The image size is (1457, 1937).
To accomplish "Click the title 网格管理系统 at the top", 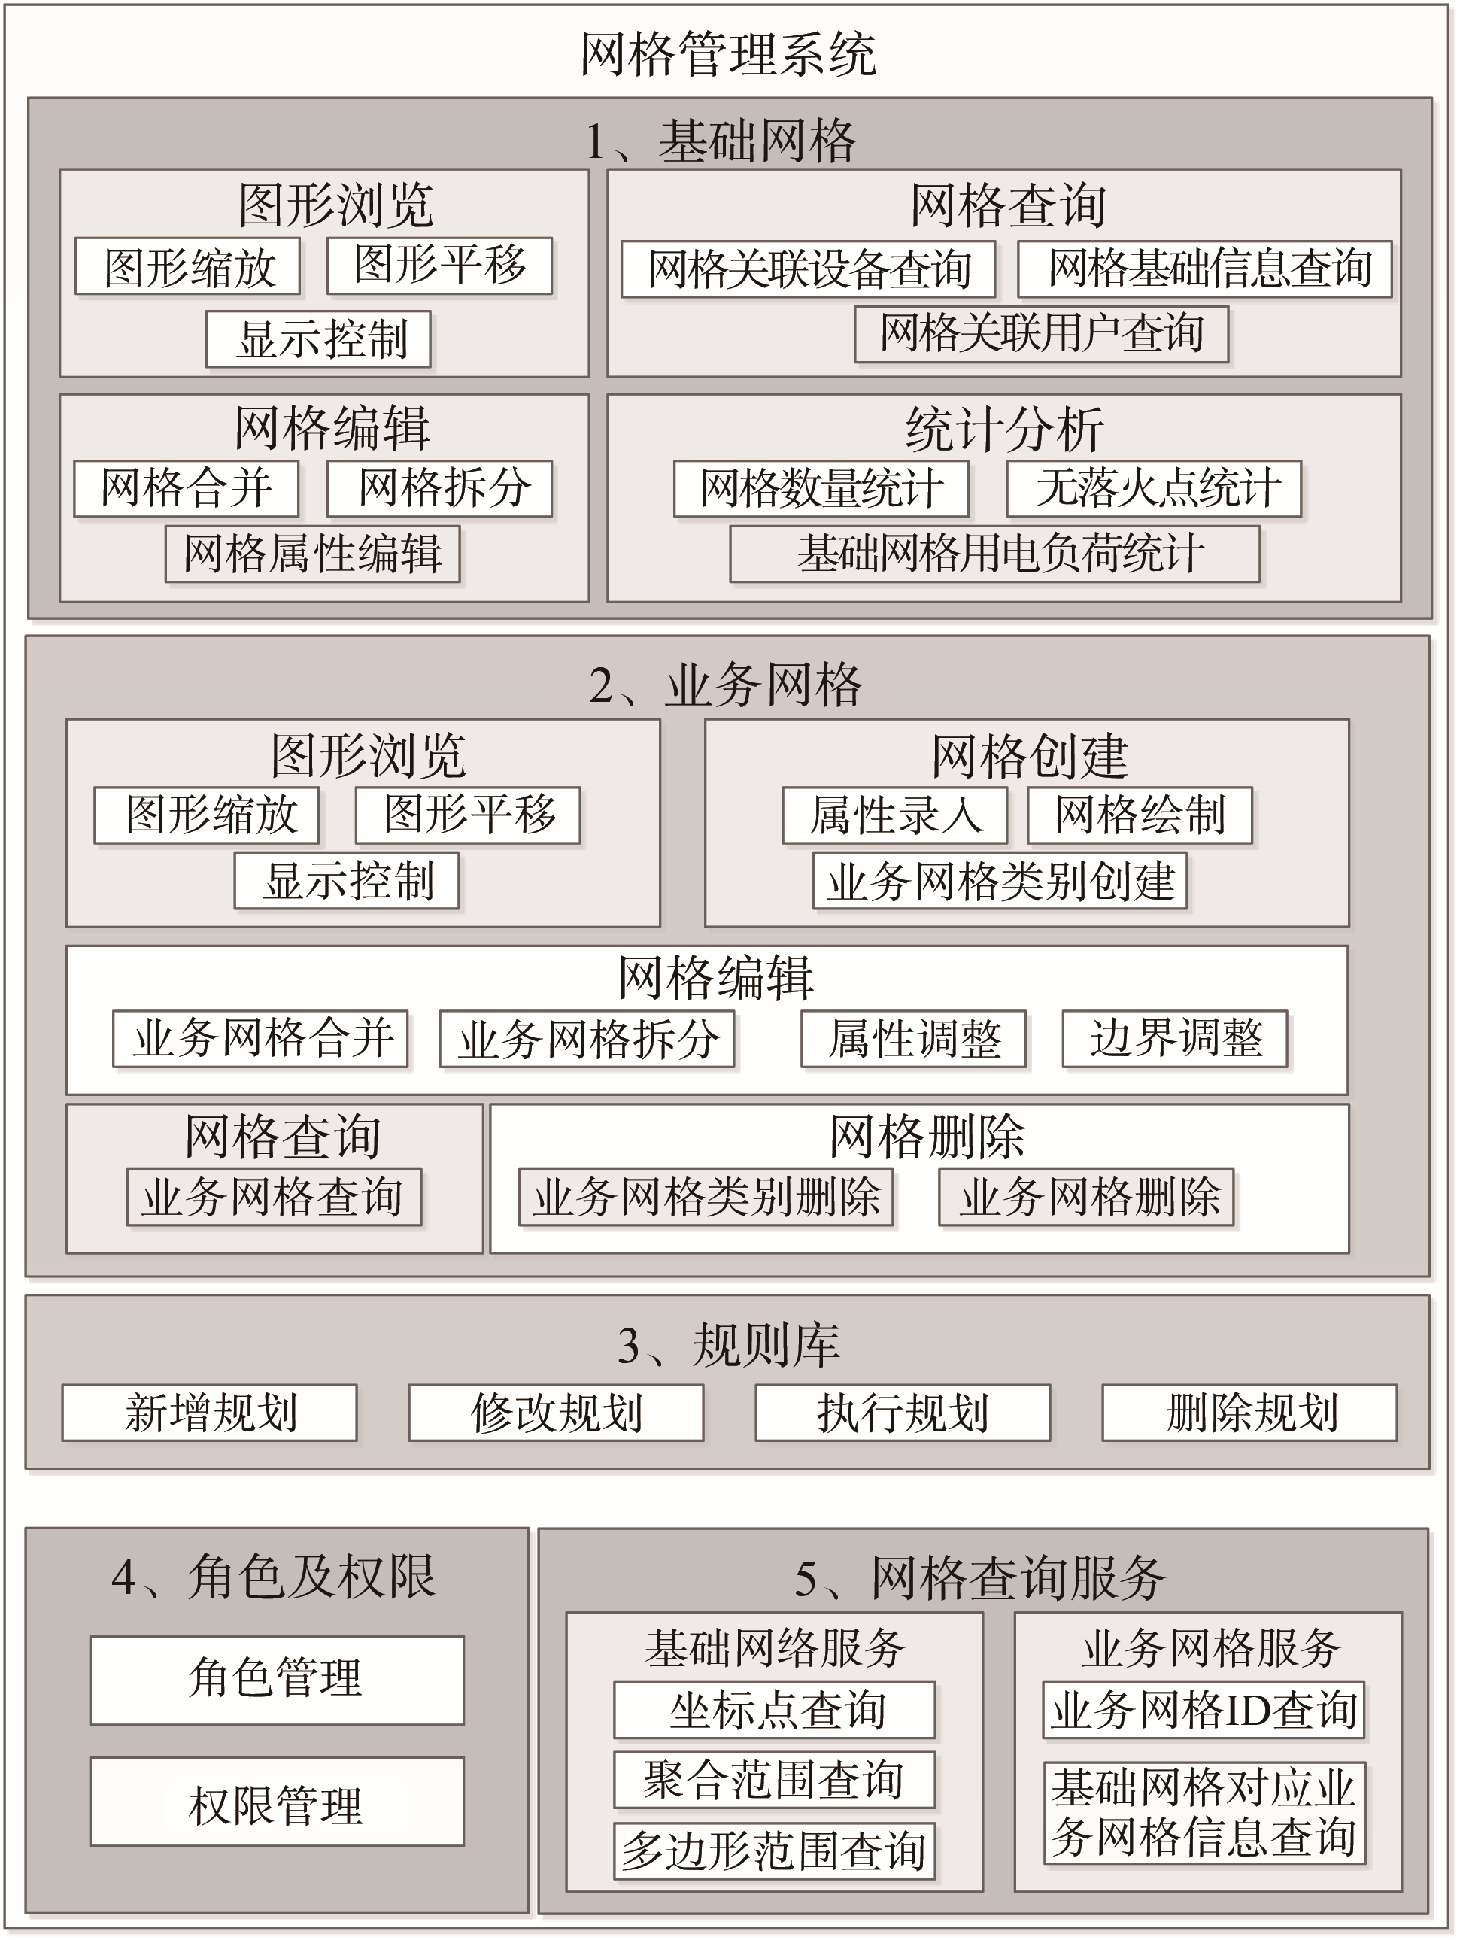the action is pos(727,54).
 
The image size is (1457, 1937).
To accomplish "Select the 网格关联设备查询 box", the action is pos(808,269).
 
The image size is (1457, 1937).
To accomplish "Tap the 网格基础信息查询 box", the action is pos(1205,269).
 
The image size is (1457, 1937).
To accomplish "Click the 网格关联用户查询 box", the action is pos(1041,334).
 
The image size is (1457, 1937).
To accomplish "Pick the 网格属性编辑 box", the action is pos(313,554).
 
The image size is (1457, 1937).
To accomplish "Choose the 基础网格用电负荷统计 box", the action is pos(994,554).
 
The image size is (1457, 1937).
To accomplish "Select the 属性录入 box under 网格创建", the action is pos(895,815).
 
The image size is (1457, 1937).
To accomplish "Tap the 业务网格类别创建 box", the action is pos(1000,881).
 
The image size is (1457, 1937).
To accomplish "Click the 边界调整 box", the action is pos(1175,1039).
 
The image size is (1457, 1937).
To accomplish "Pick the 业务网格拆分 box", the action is pos(587,1039).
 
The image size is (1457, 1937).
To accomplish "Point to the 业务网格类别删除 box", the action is pos(706,1197).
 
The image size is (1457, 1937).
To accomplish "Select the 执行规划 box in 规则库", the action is pos(903,1413).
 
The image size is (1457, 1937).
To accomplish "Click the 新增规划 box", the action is pos(209,1413).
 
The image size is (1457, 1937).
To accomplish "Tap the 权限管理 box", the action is pos(277,1802).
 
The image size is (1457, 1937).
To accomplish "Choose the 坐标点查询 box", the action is pos(774,1709).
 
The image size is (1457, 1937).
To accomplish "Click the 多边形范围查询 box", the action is pos(774,1851).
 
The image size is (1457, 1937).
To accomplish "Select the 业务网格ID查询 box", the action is pos(1204,1709).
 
